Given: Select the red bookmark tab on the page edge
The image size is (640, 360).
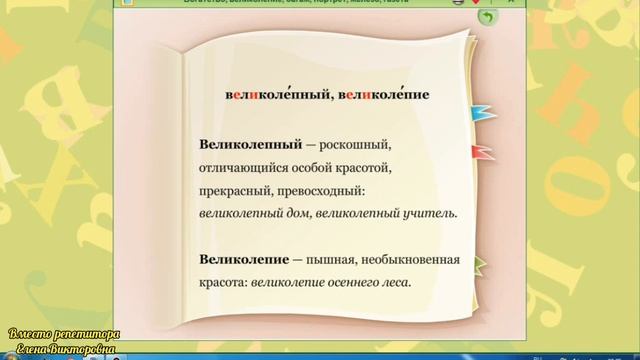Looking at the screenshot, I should pyautogui.click(x=482, y=152).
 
